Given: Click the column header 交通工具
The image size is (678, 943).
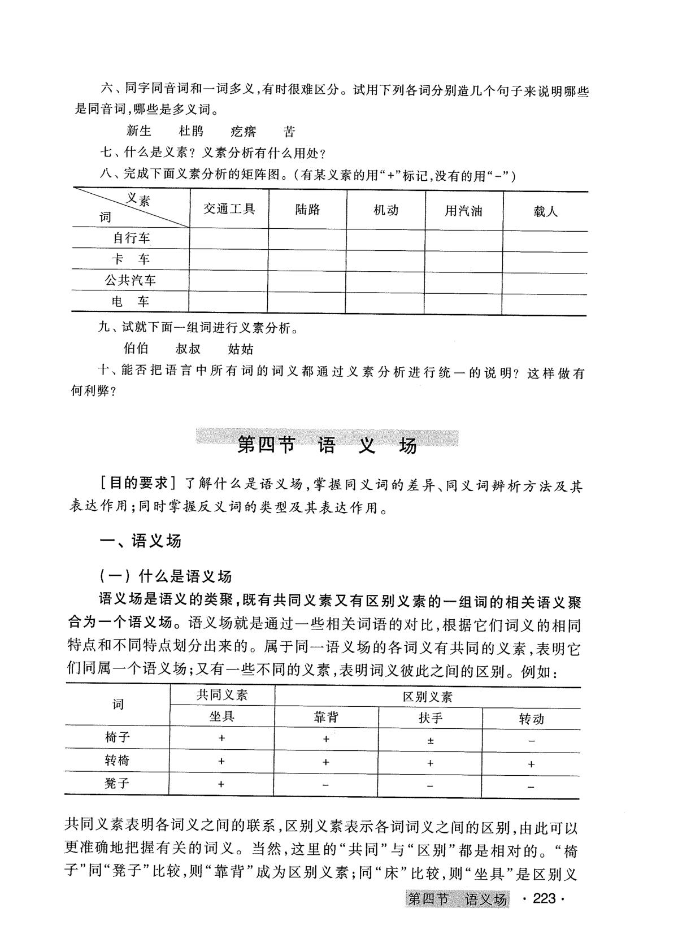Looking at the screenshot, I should pos(229,209).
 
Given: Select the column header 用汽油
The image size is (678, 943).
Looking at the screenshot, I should pos(463,211).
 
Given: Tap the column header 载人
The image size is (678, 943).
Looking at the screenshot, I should pos(545,211).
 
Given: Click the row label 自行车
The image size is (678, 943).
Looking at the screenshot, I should pos(131,238).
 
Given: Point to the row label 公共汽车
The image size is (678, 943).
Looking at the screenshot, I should pos(131,280).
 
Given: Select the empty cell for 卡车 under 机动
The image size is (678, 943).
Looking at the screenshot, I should pos(385,260).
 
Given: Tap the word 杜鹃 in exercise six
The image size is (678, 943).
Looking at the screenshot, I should pos(191,132).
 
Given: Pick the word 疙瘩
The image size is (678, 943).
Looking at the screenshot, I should pos(244,132).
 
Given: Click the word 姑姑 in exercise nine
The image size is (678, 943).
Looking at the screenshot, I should pos(241,349).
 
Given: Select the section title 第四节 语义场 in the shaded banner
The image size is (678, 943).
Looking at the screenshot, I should pos(327,445).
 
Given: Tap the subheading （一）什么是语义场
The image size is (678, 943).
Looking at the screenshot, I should pos(165,576).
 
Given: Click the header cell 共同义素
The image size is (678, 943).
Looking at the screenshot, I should pos(221,696).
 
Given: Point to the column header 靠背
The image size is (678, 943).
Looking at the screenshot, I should pos(326,717).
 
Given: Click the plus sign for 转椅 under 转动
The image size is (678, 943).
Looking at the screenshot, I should pos(531,764).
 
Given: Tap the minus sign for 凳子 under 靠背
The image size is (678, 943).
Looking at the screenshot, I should pos(326,785).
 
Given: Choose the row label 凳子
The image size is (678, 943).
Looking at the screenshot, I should pos(117,784).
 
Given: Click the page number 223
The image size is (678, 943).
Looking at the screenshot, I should pos(545,898).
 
